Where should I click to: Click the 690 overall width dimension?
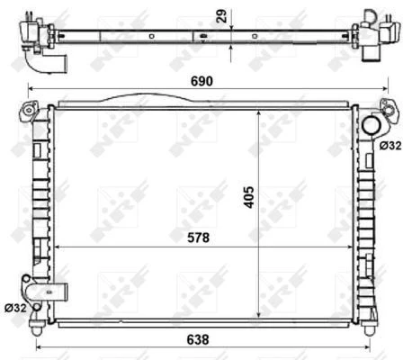[x=201, y=81]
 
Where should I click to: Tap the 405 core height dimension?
[x=248, y=197]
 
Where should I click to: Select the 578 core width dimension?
[x=198, y=238]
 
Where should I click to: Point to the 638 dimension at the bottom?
[x=198, y=340]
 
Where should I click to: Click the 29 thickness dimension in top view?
[x=222, y=15]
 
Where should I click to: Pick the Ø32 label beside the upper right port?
[x=390, y=146]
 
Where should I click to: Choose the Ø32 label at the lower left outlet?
[x=15, y=308]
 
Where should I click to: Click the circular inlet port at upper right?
[x=372, y=125]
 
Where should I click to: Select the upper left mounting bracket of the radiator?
[x=29, y=111]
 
